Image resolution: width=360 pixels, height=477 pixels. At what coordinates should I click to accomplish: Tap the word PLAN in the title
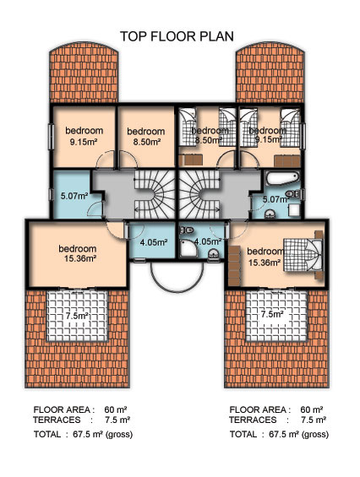[217, 36]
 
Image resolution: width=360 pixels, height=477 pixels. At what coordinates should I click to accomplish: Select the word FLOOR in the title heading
[173, 36]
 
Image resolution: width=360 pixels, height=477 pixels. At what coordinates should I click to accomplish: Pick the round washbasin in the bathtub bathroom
[269, 214]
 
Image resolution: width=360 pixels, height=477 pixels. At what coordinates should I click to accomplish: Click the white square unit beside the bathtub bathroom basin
[294, 210]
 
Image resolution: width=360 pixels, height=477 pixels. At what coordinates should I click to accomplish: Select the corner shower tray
[188, 248]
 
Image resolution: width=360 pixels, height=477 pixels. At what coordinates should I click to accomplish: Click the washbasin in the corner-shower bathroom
[214, 254]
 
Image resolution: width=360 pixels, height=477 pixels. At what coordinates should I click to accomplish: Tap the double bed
[303, 255]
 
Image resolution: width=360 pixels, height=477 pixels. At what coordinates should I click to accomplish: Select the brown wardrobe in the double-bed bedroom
[234, 265]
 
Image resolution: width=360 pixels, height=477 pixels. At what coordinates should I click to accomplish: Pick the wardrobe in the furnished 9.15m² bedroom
[287, 161]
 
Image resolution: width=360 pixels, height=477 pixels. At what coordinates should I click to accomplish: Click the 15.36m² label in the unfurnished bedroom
[80, 259]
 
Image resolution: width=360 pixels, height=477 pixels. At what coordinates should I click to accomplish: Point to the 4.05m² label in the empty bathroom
[154, 242]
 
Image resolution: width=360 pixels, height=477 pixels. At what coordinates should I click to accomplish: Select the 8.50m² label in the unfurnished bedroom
[147, 142]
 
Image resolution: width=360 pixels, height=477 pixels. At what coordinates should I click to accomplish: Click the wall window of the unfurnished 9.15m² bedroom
[52, 137]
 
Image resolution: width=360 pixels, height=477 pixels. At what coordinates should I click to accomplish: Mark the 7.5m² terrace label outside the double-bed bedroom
[273, 314]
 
